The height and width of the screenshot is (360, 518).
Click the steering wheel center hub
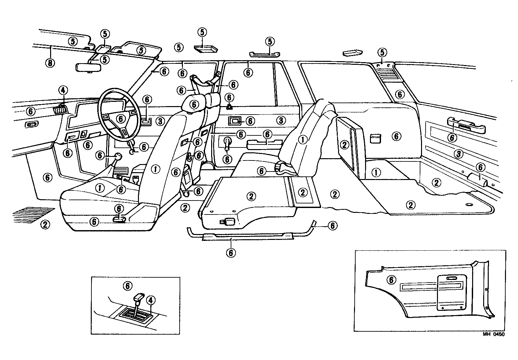click(121, 118)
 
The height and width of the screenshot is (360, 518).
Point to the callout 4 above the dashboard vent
click(63, 90)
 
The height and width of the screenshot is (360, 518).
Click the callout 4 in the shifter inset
click(150, 300)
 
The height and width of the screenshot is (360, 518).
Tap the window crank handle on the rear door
click(227, 143)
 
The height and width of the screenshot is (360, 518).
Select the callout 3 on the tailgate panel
click(458, 154)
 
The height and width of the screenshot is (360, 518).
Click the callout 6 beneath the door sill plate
click(231, 252)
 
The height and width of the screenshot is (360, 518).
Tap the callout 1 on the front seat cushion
click(100, 187)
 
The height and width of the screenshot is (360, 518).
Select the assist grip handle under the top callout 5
click(265, 54)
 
